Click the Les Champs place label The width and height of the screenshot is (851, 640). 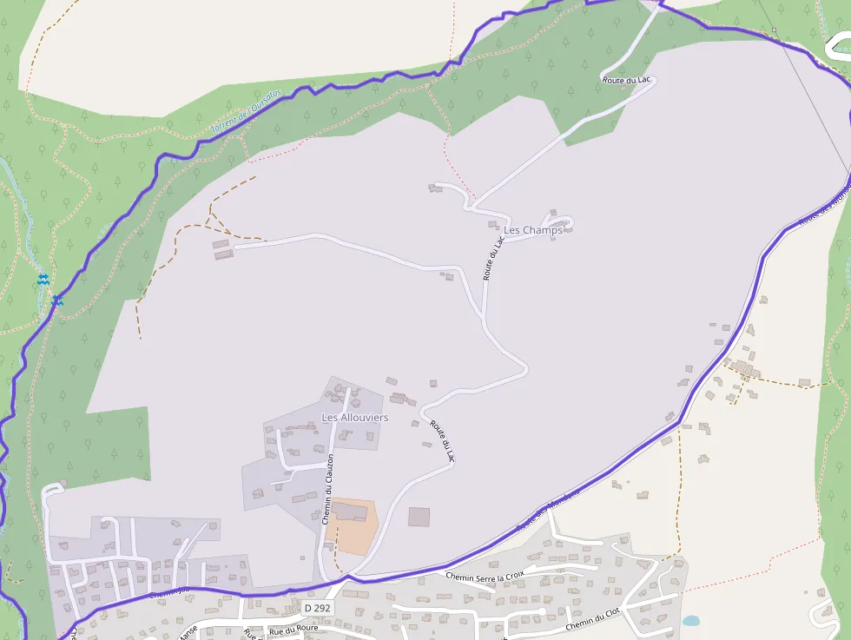pyautogui.click(x=533, y=230)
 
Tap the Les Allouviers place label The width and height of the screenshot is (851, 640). pyautogui.click(x=355, y=418)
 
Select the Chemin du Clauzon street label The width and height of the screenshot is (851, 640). pyautogui.click(x=327, y=491)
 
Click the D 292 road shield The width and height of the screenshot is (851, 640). pyautogui.click(x=318, y=608)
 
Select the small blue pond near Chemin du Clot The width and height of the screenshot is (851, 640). pyautogui.click(x=690, y=621)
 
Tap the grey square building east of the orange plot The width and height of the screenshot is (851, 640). pyautogui.click(x=419, y=517)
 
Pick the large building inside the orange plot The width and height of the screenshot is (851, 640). pyautogui.click(x=350, y=511)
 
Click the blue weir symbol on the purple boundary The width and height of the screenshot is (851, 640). pyautogui.click(x=57, y=300)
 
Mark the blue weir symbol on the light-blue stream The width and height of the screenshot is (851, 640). pyautogui.click(x=43, y=279)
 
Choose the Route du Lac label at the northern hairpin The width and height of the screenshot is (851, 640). pyautogui.click(x=626, y=80)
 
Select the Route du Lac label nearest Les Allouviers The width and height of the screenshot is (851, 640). pyautogui.click(x=442, y=440)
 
